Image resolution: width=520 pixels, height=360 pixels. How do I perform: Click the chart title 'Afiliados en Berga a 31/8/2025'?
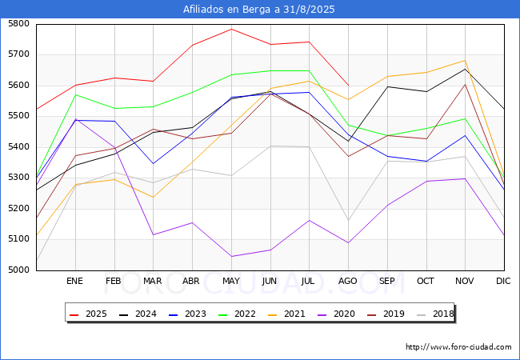(x=259, y=10)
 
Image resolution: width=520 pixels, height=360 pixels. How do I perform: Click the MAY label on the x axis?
(x=231, y=281)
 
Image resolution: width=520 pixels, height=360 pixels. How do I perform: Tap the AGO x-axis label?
(x=348, y=281)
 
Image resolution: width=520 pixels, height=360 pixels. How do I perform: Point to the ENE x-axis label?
(x=74, y=281)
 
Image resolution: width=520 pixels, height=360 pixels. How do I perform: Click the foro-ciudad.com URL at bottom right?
(x=458, y=347)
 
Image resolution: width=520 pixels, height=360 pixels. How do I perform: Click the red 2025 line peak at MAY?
(x=231, y=29)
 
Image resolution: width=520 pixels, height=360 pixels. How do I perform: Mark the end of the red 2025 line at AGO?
(x=348, y=85)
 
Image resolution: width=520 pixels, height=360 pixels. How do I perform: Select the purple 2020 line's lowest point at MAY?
(x=231, y=257)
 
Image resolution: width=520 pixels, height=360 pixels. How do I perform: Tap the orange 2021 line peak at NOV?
(x=465, y=60)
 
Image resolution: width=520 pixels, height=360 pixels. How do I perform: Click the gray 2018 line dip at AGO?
(x=348, y=221)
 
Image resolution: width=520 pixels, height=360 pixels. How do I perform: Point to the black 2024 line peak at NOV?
(x=465, y=69)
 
